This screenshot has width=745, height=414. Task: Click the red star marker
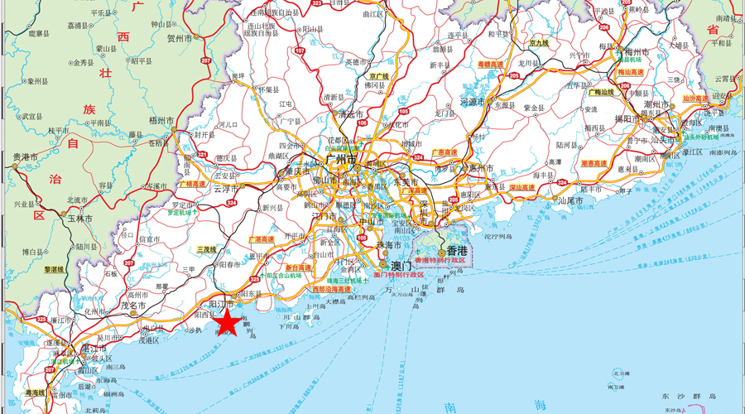[x=228, y=322]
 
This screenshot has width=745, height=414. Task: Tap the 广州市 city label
[x=339, y=158]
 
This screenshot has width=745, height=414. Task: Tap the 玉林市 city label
[x=79, y=219]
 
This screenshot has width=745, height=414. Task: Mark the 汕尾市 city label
[x=572, y=200]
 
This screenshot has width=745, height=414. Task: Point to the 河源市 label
[x=472, y=102]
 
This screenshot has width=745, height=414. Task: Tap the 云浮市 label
[x=226, y=189]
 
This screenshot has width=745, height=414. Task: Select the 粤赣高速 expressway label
[x=491, y=64]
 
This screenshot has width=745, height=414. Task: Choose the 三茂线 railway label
[x=206, y=249]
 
